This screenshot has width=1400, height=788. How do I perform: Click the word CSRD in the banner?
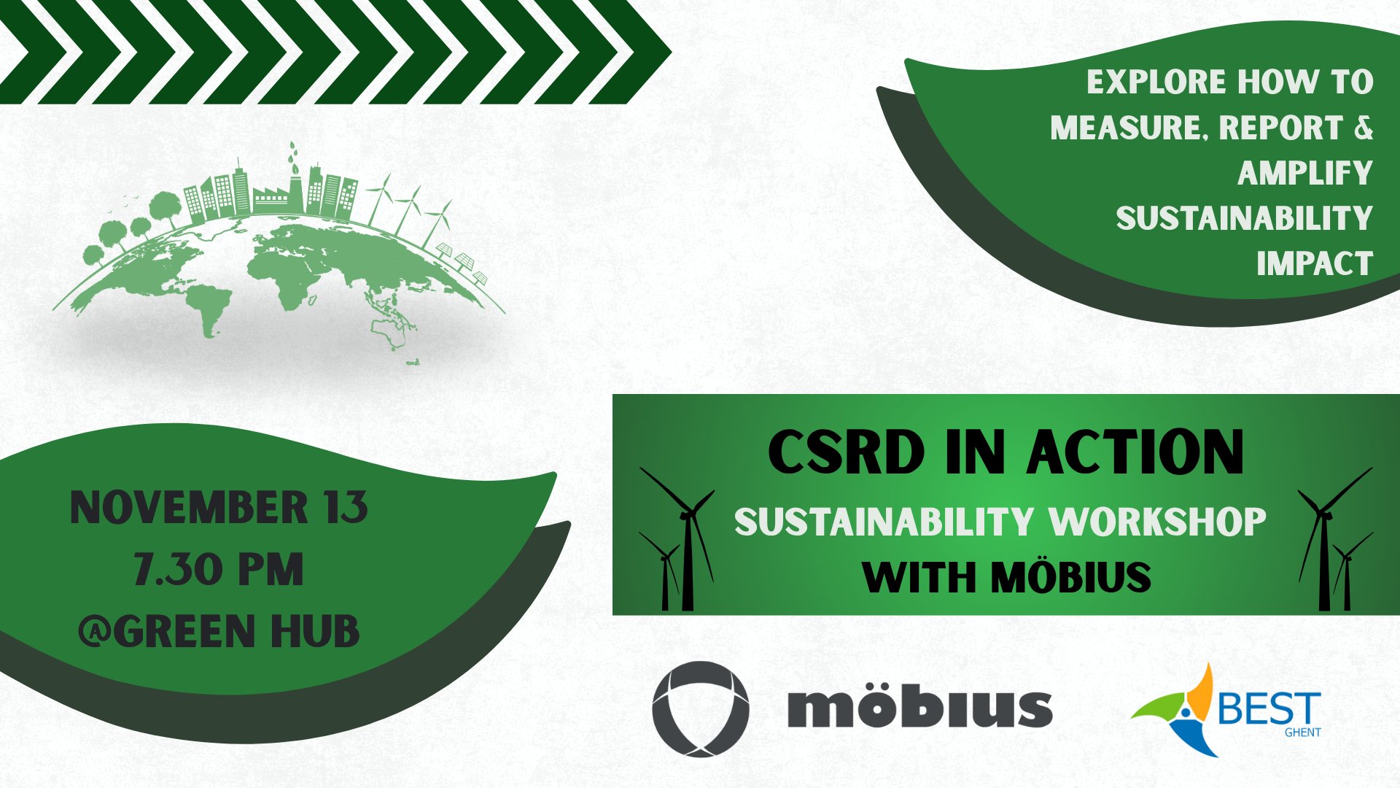point(847,452)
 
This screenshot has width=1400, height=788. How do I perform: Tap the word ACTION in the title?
point(1135,452)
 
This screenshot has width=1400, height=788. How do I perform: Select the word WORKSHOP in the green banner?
point(1158,521)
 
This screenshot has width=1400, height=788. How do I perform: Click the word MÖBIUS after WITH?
point(1071,576)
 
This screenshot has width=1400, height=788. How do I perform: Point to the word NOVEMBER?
point(189,508)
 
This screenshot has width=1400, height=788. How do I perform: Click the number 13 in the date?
point(346,508)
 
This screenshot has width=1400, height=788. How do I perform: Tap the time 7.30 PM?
point(218,569)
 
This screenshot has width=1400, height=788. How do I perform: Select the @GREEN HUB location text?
point(219,631)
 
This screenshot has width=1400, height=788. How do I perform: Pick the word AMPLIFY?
point(1305,173)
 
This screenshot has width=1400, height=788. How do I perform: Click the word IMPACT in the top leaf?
point(1315,263)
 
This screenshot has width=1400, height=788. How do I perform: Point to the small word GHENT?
point(1302,732)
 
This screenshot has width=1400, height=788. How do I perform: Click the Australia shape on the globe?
point(391,332)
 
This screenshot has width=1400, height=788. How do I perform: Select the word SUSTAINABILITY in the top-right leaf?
point(1245,218)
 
